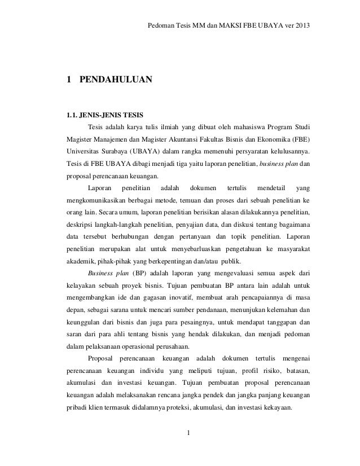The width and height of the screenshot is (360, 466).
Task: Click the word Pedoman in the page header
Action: (x=160, y=27)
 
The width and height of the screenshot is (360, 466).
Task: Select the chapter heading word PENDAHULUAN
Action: (x=116, y=80)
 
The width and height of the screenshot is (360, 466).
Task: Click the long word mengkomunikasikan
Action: (x=93, y=201)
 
